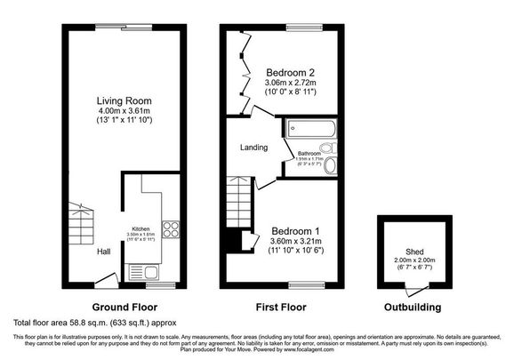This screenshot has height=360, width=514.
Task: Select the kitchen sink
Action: (x=142, y=271)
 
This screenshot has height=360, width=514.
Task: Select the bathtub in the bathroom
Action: (x=309, y=129)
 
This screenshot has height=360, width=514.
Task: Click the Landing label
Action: (x=253, y=147)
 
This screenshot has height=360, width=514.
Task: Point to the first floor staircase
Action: (x=238, y=202)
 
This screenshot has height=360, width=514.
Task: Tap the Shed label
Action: (x=414, y=252)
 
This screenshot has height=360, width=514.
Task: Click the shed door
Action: (x=410, y=288)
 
